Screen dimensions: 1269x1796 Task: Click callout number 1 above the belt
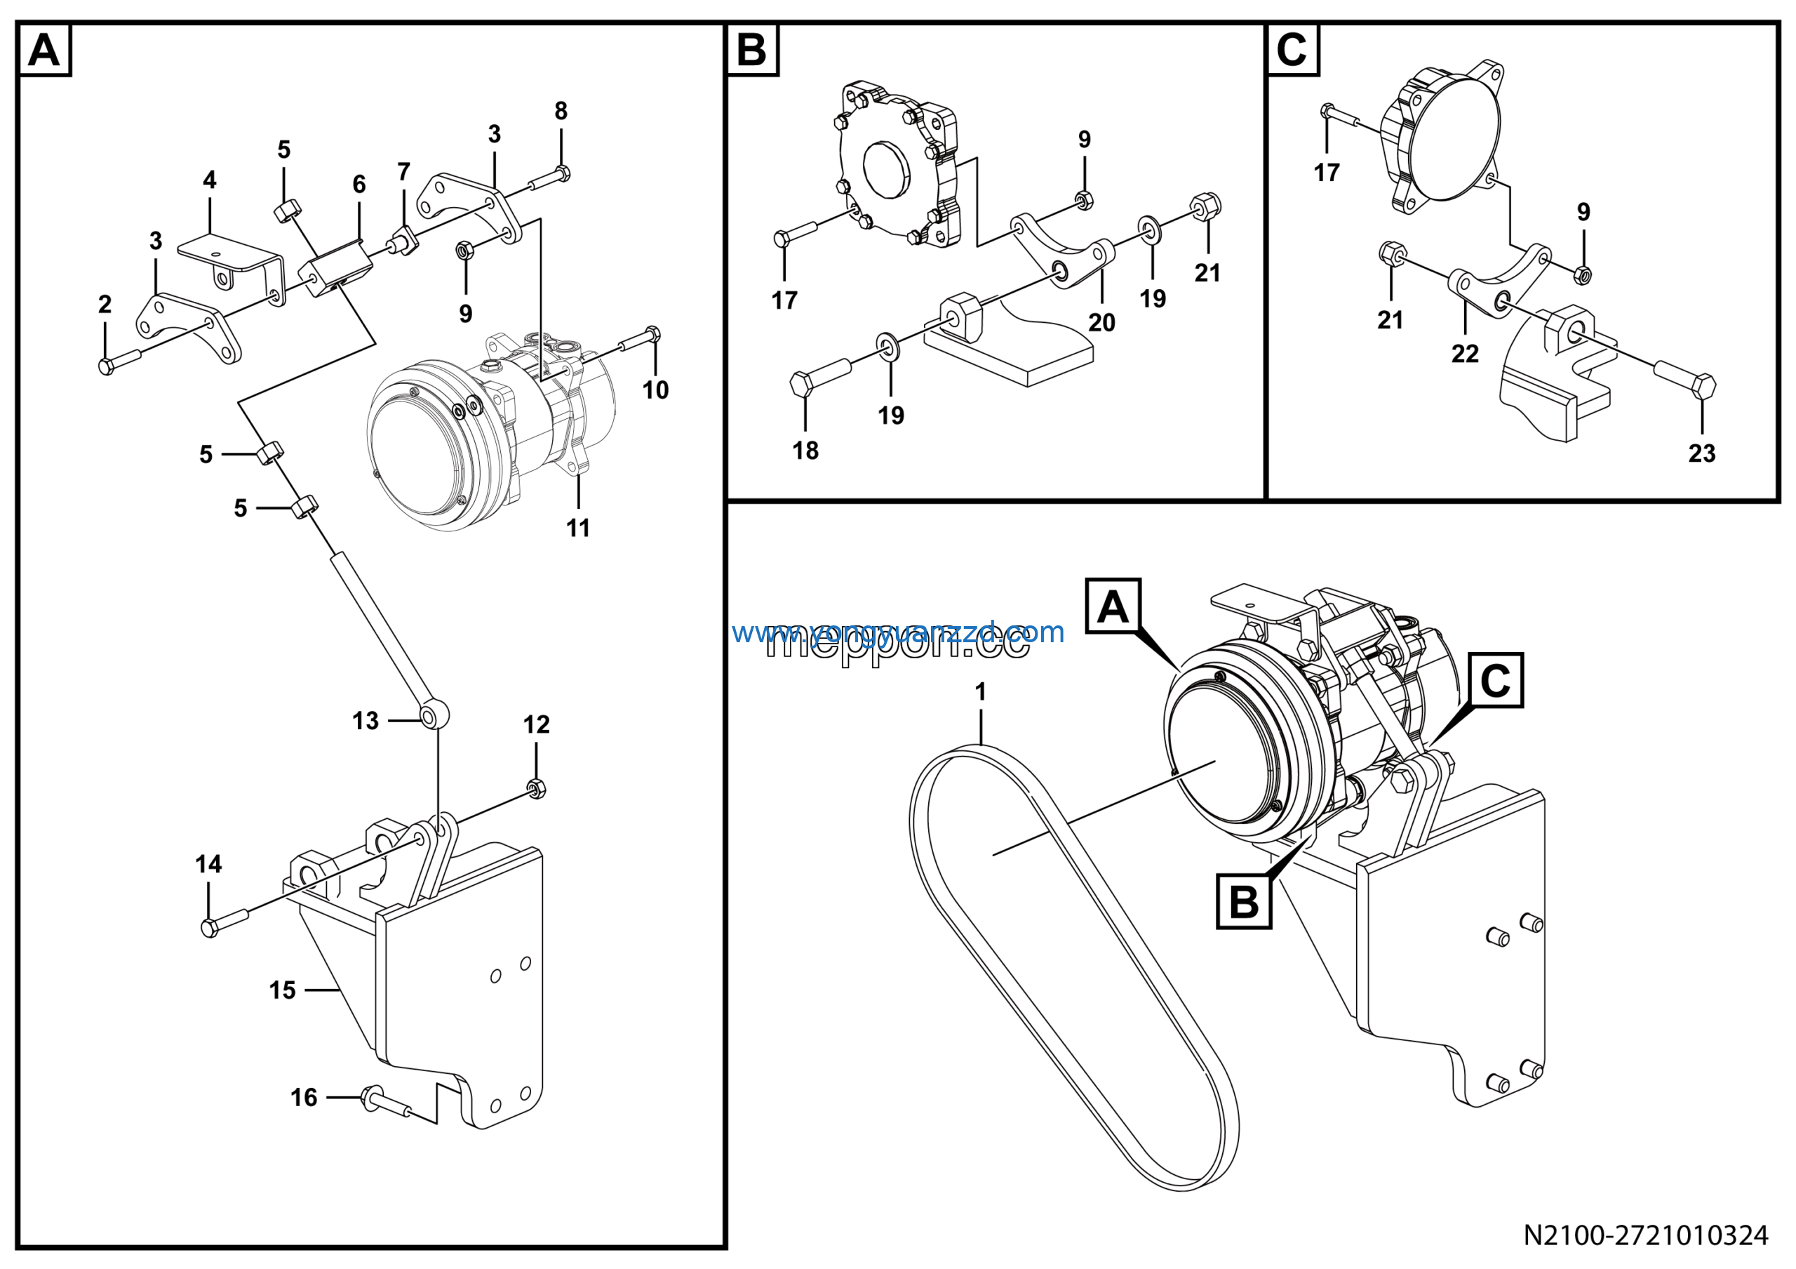[980, 691]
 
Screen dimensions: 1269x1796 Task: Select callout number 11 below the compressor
[578, 528]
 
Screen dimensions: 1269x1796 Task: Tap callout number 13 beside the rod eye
[366, 721]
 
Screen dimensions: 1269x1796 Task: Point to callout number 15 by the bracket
[283, 990]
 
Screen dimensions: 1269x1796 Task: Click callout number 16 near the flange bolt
[304, 1098]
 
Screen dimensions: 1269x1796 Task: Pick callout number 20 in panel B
[1101, 322]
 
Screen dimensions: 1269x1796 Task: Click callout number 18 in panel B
[805, 451]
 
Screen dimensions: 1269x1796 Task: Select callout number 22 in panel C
[1465, 354]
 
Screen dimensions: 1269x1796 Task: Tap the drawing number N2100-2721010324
[1645, 1235]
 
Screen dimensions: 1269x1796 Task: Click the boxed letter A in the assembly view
[1113, 606]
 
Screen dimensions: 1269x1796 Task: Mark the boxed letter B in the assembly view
[1244, 902]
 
